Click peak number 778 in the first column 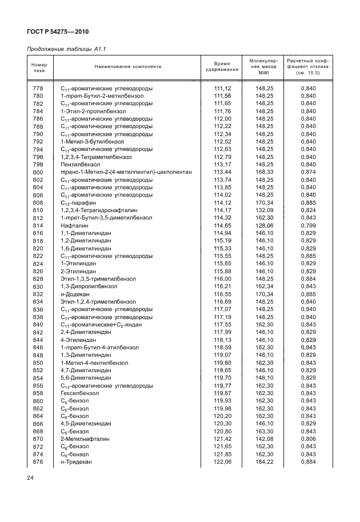point(38,88)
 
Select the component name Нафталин point(74,225)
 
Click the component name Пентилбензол point(79,164)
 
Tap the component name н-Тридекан point(76,461)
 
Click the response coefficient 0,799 point(309,225)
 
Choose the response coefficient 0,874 point(309,172)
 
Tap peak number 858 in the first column point(38,393)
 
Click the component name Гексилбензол point(78,393)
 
